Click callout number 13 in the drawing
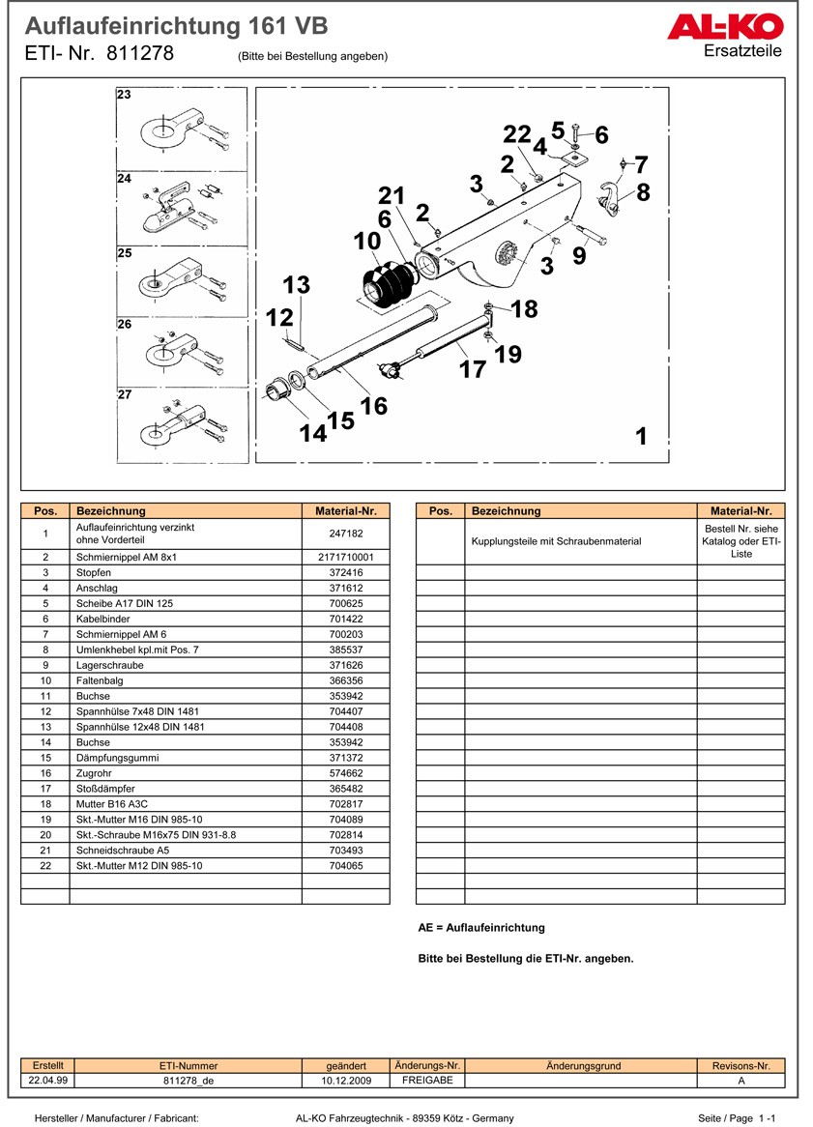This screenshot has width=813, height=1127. (297, 285)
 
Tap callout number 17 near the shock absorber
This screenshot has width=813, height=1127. (473, 369)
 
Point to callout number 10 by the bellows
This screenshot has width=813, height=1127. (367, 241)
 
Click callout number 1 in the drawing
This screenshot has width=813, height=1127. (641, 437)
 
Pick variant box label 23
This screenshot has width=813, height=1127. (125, 95)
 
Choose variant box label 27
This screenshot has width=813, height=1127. (125, 395)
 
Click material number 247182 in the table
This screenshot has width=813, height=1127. (345, 534)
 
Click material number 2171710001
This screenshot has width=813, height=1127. (345, 558)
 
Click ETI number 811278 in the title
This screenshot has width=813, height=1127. (141, 54)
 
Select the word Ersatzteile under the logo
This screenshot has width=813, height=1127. (743, 51)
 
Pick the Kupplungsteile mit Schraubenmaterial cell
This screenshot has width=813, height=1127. (556, 541)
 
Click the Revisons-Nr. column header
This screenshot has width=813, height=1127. (740, 1066)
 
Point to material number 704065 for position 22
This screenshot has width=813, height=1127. (345, 866)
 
